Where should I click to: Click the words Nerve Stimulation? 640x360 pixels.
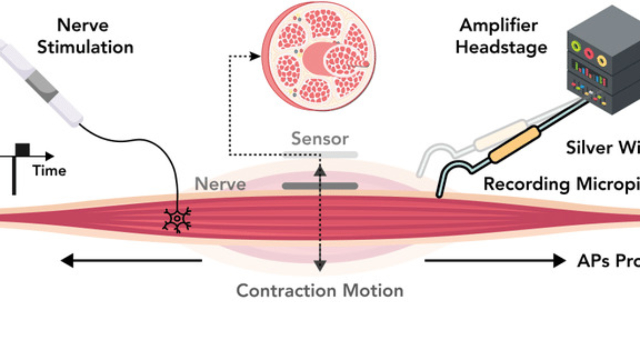pyautogui.click(x=85, y=36)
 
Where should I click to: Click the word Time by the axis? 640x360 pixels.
pyautogui.click(x=49, y=171)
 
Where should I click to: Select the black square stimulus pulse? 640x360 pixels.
pyautogui.click(x=22, y=149)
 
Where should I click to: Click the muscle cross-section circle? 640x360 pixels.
pyautogui.click(x=318, y=55)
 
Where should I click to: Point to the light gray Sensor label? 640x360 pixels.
pyautogui.click(x=320, y=139)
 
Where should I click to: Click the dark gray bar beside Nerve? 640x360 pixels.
pyautogui.click(x=320, y=186)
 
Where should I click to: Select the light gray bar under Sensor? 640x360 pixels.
pyautogui.click(x=320, y=155)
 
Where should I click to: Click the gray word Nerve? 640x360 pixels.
pyautogui.click(x=220, y=184)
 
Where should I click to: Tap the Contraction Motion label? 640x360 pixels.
pyautogui.click(x=320, y=291)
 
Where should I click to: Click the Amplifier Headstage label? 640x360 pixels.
pyautogui.click(x=501, y=36)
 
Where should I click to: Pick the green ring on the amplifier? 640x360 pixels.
pyautogui.click(x=576, y=46)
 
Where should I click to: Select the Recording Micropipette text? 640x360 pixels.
pyautogui.click(x=561, y=184)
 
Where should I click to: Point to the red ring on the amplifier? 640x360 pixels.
pyautogui.click(x=588, y=53)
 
